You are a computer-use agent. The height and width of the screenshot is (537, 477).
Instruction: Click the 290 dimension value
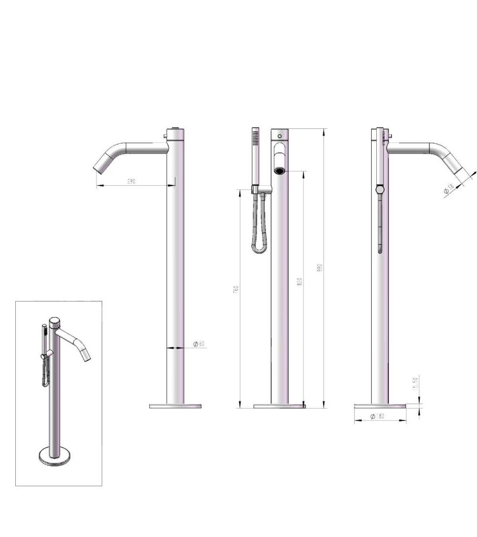click(x=132, y=182)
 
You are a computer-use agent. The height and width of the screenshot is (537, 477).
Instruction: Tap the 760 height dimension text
click(x=236, y=289)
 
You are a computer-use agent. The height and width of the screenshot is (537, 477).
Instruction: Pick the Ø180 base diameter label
click(x=377, y=417)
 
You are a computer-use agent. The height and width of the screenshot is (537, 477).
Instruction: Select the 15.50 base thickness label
click(x=415, y=384)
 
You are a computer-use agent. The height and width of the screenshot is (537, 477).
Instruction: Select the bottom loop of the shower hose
click(x=260, y=249)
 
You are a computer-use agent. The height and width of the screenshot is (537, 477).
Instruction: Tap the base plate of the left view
click(x=176, y=406)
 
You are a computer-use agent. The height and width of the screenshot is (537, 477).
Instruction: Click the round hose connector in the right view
click(x=380, y=190)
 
